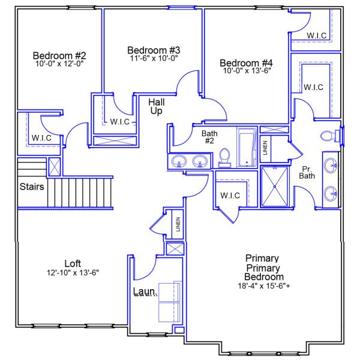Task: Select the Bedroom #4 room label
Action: (246, 62)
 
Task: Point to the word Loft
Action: (73, 263)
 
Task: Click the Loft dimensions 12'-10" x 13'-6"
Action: (73, 272)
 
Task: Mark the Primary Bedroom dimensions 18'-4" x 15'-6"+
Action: (264, 286)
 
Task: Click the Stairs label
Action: (31, 187)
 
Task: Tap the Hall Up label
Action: (156, 107)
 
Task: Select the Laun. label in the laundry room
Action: (145, 292)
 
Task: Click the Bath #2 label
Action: (209, 137)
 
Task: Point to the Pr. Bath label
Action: (307, 172)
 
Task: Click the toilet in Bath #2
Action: (225, 156)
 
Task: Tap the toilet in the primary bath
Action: (328, 136)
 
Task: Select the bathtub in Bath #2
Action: (247, 148)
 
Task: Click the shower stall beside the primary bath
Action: (274, 187)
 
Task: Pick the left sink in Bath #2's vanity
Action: (178, 161)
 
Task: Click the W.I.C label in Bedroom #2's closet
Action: (41, 138)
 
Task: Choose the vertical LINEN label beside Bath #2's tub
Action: (265, 148)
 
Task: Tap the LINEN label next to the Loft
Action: (178, 224)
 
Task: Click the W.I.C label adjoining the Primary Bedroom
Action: (230, 196)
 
